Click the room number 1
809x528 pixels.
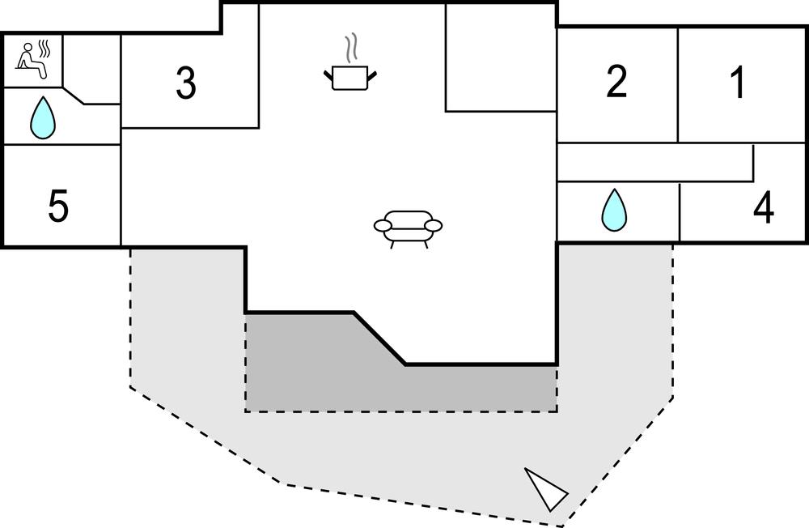[738, 83]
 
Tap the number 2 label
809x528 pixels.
[616, 83]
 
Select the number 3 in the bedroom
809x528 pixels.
[186, 83]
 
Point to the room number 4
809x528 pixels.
[763, 209]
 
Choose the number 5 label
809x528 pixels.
[58, 207]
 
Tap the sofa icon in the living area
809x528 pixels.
[409, 226]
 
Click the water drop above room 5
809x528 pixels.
[43, 118]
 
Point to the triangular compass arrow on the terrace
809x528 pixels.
[546, 489]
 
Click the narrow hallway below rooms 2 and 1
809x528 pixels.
[655, 162]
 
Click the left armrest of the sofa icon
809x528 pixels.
[383, 225]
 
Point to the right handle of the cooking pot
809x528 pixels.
[373, 76]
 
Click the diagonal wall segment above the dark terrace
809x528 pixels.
[379, 338]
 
